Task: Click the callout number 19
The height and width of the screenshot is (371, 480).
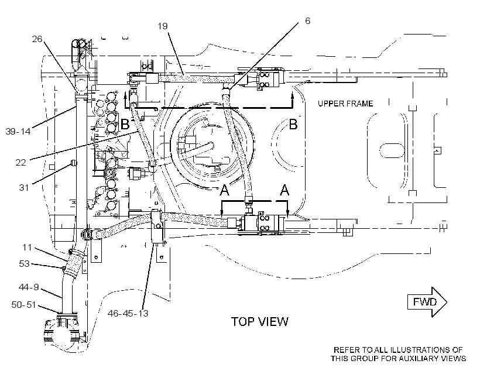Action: tap(163, 26)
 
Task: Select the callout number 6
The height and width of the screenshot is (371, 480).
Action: tap(307, 21)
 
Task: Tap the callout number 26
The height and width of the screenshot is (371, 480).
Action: tap(37, 39)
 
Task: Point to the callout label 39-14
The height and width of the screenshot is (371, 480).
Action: tap(18, 131)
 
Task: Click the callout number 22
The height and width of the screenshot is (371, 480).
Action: tap(21, 162)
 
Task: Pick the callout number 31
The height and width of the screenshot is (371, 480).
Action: tap(24, 187)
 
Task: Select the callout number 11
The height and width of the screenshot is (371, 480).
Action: tap(27, 248)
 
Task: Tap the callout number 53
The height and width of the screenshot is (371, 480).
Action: tap(24, 263)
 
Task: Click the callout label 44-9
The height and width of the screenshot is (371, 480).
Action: tap(29, 287)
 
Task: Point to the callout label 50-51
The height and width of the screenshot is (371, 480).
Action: tap(23, 305)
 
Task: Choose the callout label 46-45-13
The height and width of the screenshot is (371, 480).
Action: tap(128, 313)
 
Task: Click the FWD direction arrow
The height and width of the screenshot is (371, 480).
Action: tap(427, 302)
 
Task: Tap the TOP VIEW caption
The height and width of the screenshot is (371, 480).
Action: tap(259, 322)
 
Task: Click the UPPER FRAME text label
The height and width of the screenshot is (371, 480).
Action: tap(345, 104)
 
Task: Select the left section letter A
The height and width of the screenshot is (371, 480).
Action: tap(224, 190)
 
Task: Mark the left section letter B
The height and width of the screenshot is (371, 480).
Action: tap(125, 124)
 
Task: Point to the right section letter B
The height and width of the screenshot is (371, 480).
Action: tap(293, 124)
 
